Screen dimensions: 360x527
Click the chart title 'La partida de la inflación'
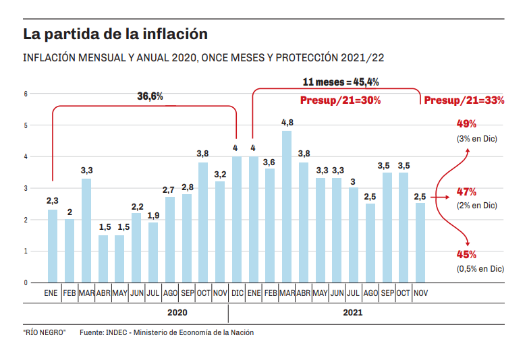115,33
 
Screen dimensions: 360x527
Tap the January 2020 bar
52,246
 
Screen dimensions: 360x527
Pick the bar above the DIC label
237,219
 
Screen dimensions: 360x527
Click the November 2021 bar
420,243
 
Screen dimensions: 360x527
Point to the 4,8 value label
287,123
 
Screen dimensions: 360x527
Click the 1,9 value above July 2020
153,215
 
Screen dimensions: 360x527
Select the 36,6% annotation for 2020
150,96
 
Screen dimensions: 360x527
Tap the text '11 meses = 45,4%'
340,82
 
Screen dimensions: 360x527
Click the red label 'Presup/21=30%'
340,100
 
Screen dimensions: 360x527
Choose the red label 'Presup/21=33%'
464,100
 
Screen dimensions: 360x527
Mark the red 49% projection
467,124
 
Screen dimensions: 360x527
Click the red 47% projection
467,191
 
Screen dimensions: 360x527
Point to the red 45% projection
467,255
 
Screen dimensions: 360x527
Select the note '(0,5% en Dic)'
480,268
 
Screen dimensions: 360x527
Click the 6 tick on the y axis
25,94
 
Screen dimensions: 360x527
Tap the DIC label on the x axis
237,293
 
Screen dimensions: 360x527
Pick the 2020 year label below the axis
177,313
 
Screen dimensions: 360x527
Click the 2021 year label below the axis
353,313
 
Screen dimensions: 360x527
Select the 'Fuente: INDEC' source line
167,332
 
